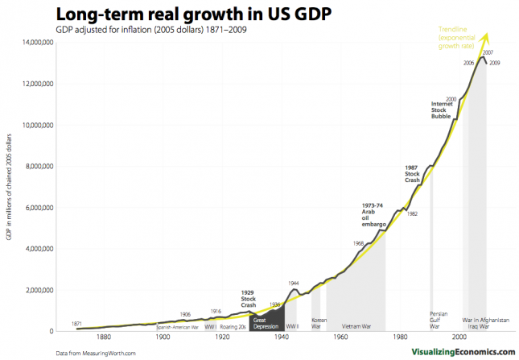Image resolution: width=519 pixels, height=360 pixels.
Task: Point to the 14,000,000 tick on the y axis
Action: [x=36, y=42]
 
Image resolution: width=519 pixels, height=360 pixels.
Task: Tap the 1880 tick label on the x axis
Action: [x=103, y=338]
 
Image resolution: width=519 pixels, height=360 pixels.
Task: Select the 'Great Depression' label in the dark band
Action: [x=265, y=323]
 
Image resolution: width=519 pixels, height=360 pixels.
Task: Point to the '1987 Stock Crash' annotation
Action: [x=412, y=173]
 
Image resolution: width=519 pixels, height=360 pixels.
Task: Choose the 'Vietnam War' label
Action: [x=355, y=326]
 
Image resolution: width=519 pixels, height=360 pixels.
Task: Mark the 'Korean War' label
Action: [x=319, y=323]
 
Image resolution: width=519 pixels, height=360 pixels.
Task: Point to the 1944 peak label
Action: [x=294, y=283]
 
